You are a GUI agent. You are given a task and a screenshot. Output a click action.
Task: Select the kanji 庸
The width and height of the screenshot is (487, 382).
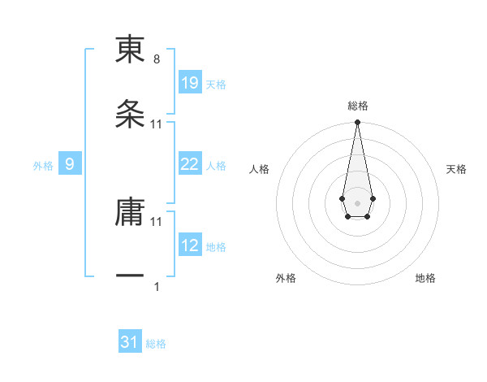[x=130, y=213]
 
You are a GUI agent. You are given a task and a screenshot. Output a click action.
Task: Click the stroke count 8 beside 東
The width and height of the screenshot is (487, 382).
[x=157, y=59]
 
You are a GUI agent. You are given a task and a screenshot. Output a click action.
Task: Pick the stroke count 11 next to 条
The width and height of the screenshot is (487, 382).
[x=157, y=124]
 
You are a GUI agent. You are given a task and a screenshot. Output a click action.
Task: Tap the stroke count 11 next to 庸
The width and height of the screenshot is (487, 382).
[x=157, y=221]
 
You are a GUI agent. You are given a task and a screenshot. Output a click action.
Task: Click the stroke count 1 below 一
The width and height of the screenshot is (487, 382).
[x=157, y=287]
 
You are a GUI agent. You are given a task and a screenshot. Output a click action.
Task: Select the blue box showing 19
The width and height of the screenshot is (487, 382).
[x=189, y=83]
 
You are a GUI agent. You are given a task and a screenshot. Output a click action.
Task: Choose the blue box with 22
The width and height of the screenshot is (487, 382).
[x=189, y=164]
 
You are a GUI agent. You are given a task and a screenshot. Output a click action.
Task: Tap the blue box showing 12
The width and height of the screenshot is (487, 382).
[x=189, y=245]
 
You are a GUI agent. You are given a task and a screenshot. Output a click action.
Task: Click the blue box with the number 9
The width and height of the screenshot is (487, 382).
[x=70, y=164]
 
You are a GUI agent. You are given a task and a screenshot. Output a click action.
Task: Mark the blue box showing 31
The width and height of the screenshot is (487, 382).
[x=130, y=342]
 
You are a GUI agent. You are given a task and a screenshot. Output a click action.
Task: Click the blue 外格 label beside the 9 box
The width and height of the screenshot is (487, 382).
[x=43, y=166]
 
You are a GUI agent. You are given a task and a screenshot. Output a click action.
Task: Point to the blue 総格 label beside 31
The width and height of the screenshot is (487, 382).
[x=156, y=344]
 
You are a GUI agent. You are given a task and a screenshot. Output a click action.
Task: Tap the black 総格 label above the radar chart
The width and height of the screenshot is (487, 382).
[x=357, y=106]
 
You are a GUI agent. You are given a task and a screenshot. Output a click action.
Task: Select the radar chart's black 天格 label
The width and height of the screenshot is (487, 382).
[x=456, y=169]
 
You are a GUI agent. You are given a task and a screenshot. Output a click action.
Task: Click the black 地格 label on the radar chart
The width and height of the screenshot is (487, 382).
[x=425, y=278]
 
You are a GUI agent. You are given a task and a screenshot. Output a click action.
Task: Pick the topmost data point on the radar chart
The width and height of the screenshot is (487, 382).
[x=357, y=123]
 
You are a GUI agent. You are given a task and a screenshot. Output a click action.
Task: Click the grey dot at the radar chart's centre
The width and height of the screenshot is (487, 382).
[x=357, y=202]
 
